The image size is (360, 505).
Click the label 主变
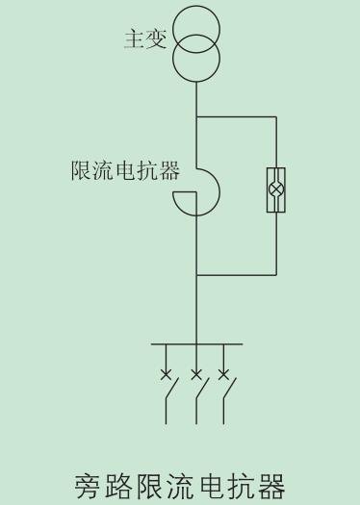(145, 39)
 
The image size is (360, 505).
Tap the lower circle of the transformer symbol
(196, 57)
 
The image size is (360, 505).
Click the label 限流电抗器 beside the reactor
(125, 171)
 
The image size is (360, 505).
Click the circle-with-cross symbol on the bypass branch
(276, 189)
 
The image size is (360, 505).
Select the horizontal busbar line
(196, 343)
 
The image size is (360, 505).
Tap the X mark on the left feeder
(167, 373)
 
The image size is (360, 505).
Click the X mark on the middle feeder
(196, 373)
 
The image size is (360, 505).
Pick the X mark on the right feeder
(226, 373)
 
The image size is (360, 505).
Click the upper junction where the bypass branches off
(196, 117)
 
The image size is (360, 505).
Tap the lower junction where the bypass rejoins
(196, 274)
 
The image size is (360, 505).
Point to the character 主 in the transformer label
(134, 39)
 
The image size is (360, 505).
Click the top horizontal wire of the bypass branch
(237, 117)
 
